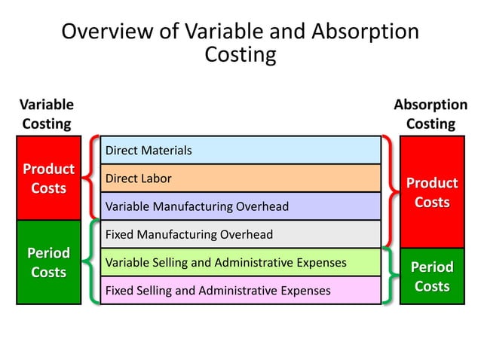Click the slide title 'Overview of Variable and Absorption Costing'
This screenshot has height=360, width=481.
(240, 43)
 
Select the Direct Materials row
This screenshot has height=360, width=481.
(240, 151)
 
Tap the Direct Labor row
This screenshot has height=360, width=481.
(240, 178)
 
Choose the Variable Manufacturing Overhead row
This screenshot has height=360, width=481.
(240, 206)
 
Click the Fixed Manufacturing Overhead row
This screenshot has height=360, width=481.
(240, 234)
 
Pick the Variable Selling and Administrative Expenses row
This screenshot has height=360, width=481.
(240, 262)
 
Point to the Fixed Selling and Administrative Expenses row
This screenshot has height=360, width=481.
(240, 290)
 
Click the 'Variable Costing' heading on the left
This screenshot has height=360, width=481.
(47, 114)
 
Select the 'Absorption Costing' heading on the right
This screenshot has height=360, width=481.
(430, 114)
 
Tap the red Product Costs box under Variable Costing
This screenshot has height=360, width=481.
(48, 178)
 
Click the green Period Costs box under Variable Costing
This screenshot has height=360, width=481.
(48, 262)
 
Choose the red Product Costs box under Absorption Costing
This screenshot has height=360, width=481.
(431, 192)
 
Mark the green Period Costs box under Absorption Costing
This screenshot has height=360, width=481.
(431, 276)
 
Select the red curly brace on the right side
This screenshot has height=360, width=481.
(388, 192)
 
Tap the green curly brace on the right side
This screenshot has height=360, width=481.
(388, 276)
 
